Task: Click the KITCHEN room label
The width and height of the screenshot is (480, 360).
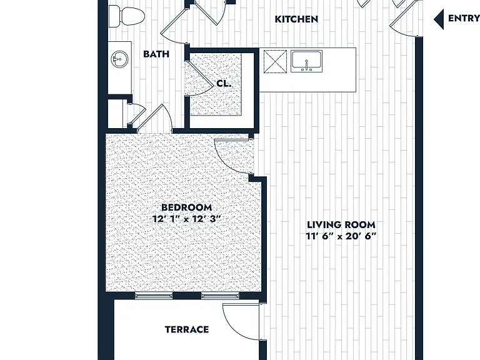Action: [x=296, y=19]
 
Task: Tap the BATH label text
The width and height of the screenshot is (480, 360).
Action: [x=156, y=54]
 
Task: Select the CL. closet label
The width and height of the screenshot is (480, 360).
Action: [x=224, y=83]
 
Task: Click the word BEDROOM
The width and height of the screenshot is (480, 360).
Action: [x=186, y=207]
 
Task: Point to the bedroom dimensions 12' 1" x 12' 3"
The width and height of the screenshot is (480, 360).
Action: [x=186, y=219]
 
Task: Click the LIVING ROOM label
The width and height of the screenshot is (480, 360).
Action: [x=341, y=225]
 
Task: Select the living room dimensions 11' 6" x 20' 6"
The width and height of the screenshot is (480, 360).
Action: [x=341, y=236]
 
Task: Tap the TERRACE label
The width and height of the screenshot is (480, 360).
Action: [x=187, y=329]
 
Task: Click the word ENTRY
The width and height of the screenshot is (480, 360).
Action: [x=464, y=18]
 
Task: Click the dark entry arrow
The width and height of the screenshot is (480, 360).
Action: [x=439, y=19]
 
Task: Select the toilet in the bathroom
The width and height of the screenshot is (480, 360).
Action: [x=127, y=16]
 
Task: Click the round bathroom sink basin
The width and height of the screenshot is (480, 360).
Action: [x=119, y=59]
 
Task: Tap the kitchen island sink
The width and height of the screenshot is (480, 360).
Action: [x=306, y=61]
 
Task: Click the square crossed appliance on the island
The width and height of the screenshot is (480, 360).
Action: [x=275, y=61]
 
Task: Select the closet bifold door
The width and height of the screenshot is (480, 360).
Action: [x=200, y=78]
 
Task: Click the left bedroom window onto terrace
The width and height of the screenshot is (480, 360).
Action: [x=154, y=296]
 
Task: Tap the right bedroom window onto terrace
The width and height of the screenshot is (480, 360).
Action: [x=220, y=296]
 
